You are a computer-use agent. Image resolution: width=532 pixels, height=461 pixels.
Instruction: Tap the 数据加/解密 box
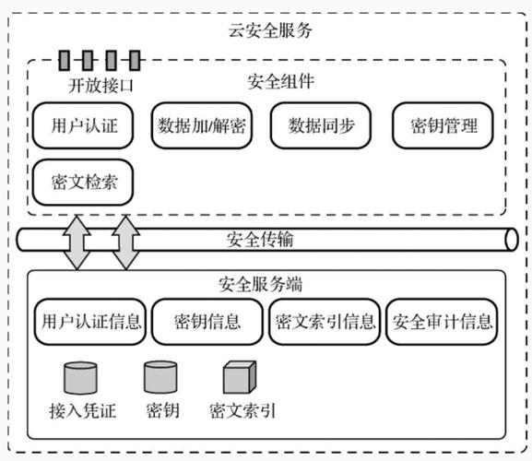202,124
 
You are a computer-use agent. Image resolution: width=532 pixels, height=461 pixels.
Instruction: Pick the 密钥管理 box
442,124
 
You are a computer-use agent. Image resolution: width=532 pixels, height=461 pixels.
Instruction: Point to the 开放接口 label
101,86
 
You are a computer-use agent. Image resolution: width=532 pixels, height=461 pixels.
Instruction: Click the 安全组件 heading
281,81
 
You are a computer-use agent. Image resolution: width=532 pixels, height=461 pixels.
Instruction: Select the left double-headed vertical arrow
77,240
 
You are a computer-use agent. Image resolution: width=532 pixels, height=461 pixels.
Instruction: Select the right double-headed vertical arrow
125,240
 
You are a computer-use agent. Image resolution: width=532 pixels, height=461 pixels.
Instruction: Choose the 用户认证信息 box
89,322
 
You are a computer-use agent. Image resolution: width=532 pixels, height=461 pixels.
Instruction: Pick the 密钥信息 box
207,322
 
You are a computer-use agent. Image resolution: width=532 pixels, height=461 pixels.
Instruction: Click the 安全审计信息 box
442,322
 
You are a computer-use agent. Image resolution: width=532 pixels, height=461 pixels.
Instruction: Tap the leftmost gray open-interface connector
65,61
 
